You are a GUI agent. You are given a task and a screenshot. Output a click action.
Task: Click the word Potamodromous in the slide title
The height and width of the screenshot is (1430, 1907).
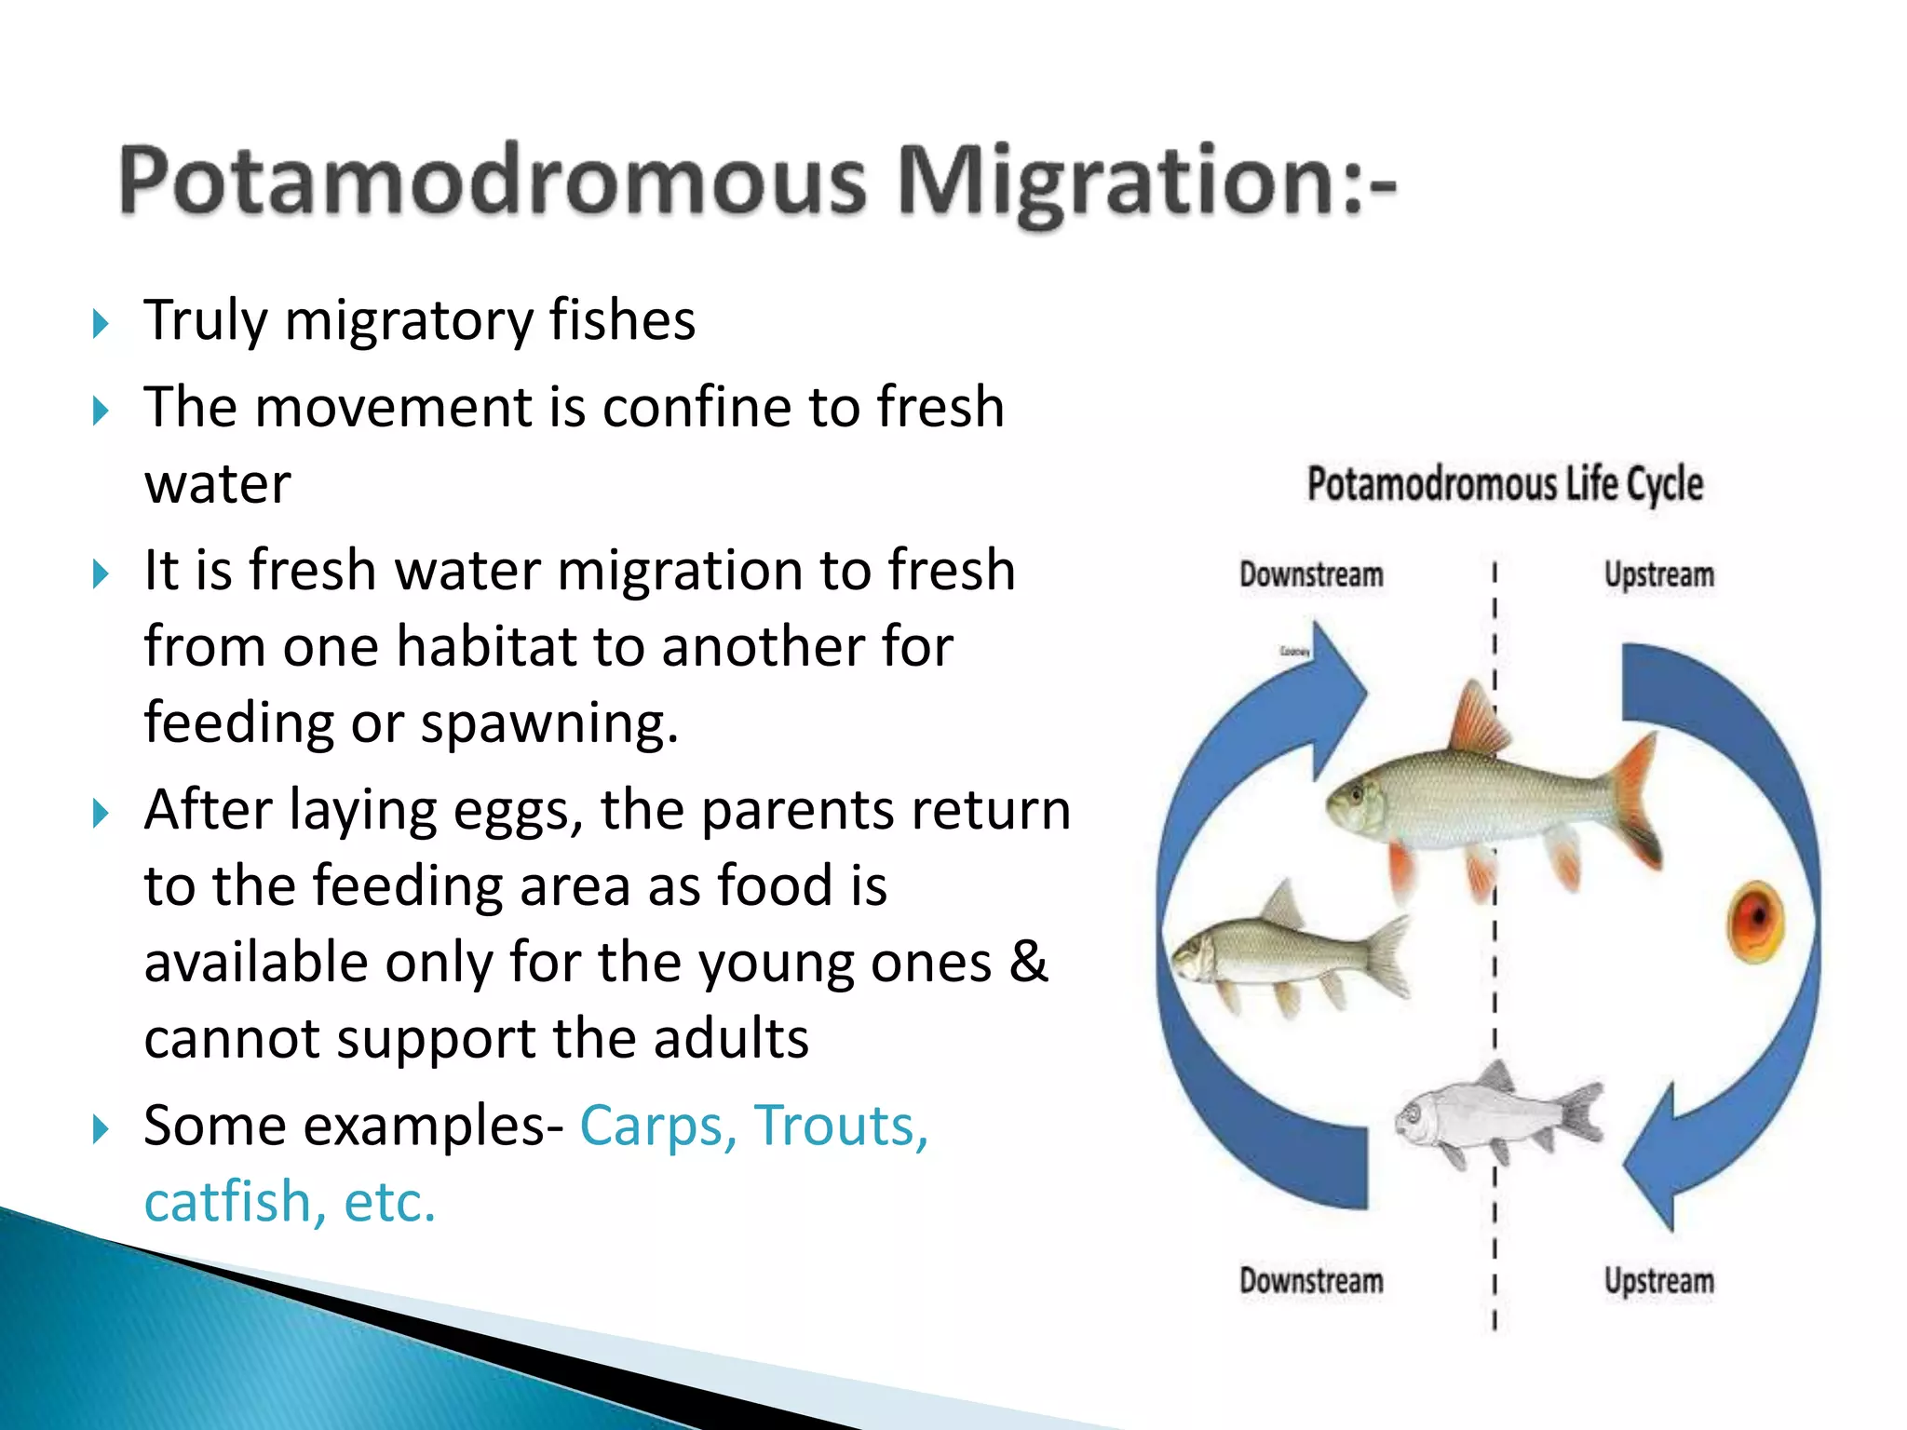click(494, 182)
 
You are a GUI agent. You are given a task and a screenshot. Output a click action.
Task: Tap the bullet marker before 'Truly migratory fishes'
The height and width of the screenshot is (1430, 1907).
click(101, 324)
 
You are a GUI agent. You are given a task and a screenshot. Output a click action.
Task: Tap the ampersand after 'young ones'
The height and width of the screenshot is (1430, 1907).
click(1028, 962)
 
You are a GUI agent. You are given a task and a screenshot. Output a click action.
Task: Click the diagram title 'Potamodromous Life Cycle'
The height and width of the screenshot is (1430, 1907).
click(1505, 484)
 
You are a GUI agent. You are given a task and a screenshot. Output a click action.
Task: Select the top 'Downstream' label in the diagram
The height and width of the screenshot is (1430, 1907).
click(1311, 574)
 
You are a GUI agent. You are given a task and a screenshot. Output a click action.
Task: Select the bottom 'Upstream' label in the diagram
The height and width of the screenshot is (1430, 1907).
click(1658, 1281)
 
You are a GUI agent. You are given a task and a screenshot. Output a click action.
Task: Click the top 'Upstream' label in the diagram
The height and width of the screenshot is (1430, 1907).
click(1658, 574)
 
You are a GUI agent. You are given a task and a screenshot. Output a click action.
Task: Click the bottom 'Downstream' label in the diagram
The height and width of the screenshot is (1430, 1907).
click(1311, 1281)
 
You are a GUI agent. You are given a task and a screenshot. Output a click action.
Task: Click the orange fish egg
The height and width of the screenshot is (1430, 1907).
click(1756, 921)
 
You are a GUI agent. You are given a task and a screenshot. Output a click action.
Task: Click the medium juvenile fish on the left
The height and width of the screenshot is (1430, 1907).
click(1290, 954)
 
